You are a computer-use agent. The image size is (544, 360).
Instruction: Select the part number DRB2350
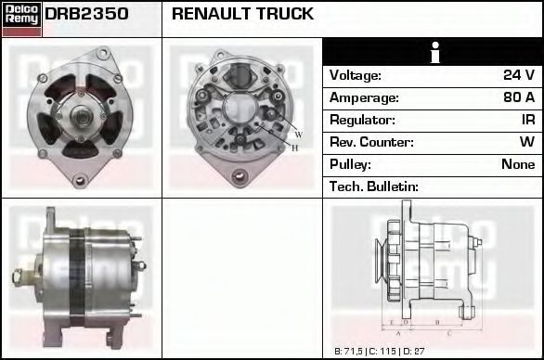(x=86, y=15)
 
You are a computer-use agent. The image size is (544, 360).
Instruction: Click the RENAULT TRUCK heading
(x=242, y=15)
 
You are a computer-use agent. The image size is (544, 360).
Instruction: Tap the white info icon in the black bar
(x=433, y=53)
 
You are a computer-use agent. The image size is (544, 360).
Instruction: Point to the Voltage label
(x=356, y=75)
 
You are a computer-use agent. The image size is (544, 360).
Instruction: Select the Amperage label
(x=364, y=97)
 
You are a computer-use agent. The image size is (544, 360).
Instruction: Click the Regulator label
(x=362, y=120)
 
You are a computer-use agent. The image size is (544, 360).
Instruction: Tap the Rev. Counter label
(x=371, y=142)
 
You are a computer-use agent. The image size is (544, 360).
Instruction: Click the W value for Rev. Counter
(x=526, y=142)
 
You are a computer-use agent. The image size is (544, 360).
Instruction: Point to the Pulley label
(x=350, y=164)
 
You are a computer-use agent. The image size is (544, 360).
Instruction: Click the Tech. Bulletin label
(x=374, y=186)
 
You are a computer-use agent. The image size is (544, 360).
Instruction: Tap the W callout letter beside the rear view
(x=299, y=135)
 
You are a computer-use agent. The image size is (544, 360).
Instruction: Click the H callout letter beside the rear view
(x=295, y=148)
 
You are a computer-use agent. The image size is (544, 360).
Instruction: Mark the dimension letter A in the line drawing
(x=398, y=331)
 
